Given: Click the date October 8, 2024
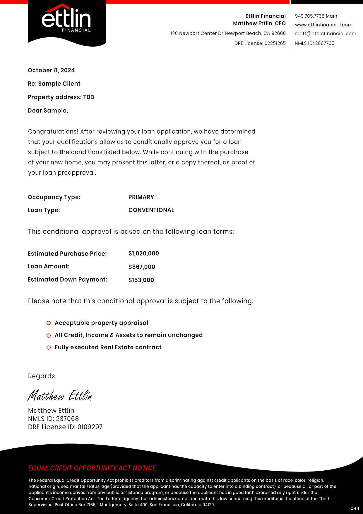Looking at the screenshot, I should click(x=51, y=70).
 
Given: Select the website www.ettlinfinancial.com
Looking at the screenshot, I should click(x=323, y=25).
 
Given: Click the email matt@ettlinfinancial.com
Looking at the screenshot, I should click(x=325, y=34).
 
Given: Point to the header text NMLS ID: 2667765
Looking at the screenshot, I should click(x=314, y=43).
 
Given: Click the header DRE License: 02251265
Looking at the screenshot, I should click(x=260, y=43).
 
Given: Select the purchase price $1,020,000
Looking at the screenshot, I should click(x=143, y=253).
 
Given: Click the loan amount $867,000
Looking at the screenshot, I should click(x=142, y=267).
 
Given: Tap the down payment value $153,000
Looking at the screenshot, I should click(x=141, y=280).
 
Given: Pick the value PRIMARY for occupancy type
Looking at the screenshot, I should click(x=141, y=197).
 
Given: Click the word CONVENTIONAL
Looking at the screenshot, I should click(x=151, y=210).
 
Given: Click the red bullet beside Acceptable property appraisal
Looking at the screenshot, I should click(x=49, y=323).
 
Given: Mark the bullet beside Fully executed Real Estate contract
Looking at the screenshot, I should click(x=49, y=348).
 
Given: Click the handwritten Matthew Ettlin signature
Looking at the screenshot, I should click(x=60, y=396).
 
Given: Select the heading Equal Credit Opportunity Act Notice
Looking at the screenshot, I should click(x=92, y=468).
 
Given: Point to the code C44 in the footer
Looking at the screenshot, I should click(x=355, y=508).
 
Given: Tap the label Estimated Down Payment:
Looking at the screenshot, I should click(x=67, y=280).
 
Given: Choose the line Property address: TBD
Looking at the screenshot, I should click(x=61, y=97).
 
